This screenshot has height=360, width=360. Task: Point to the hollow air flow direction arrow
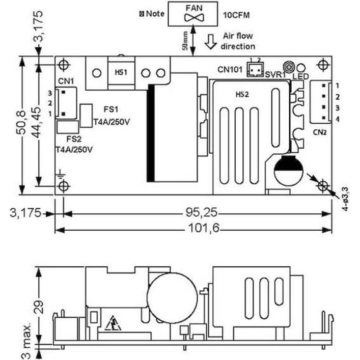[209, 43]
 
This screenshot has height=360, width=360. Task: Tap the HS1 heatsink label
[121, 72]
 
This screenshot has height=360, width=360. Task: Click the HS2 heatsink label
[242, 95]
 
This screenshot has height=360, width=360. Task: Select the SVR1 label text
[275, 75]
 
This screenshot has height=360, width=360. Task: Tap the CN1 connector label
[66, 80]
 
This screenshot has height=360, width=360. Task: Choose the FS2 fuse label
[74, 138]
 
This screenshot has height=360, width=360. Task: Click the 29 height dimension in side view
[40, 306]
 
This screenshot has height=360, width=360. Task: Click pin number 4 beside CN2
[337, 119]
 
